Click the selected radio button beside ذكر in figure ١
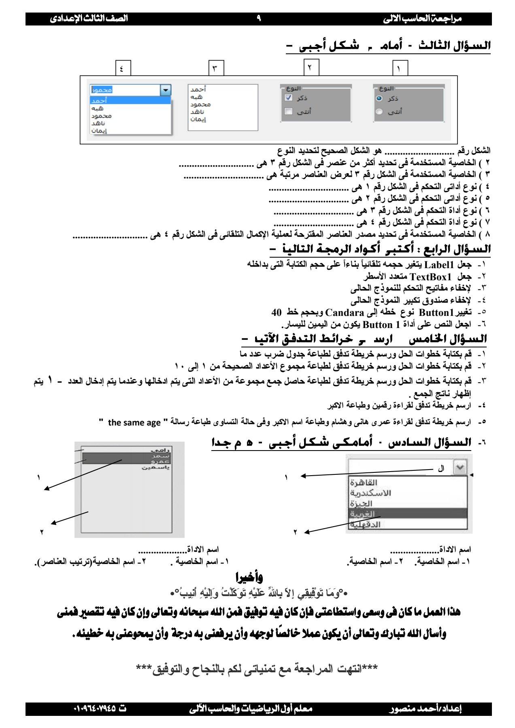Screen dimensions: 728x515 [x=379, y=98]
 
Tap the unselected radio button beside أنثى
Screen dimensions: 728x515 [x=379, y=112]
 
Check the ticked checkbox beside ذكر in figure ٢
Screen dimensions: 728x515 [x=289, y=98]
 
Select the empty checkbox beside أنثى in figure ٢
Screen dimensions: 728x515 [x=289, y=111]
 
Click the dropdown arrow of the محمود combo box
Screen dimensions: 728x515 [x=166, y=90]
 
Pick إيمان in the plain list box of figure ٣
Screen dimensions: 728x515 [x=198, y=120]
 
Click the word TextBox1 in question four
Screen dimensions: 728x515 [x=430, y=277]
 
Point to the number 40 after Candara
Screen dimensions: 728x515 [x=277, y=313]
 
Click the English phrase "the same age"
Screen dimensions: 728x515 [x=134, y=423]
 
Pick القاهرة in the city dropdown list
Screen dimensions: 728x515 [x=364, y=483]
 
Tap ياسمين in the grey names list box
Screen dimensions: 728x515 [x=156, y=467]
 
